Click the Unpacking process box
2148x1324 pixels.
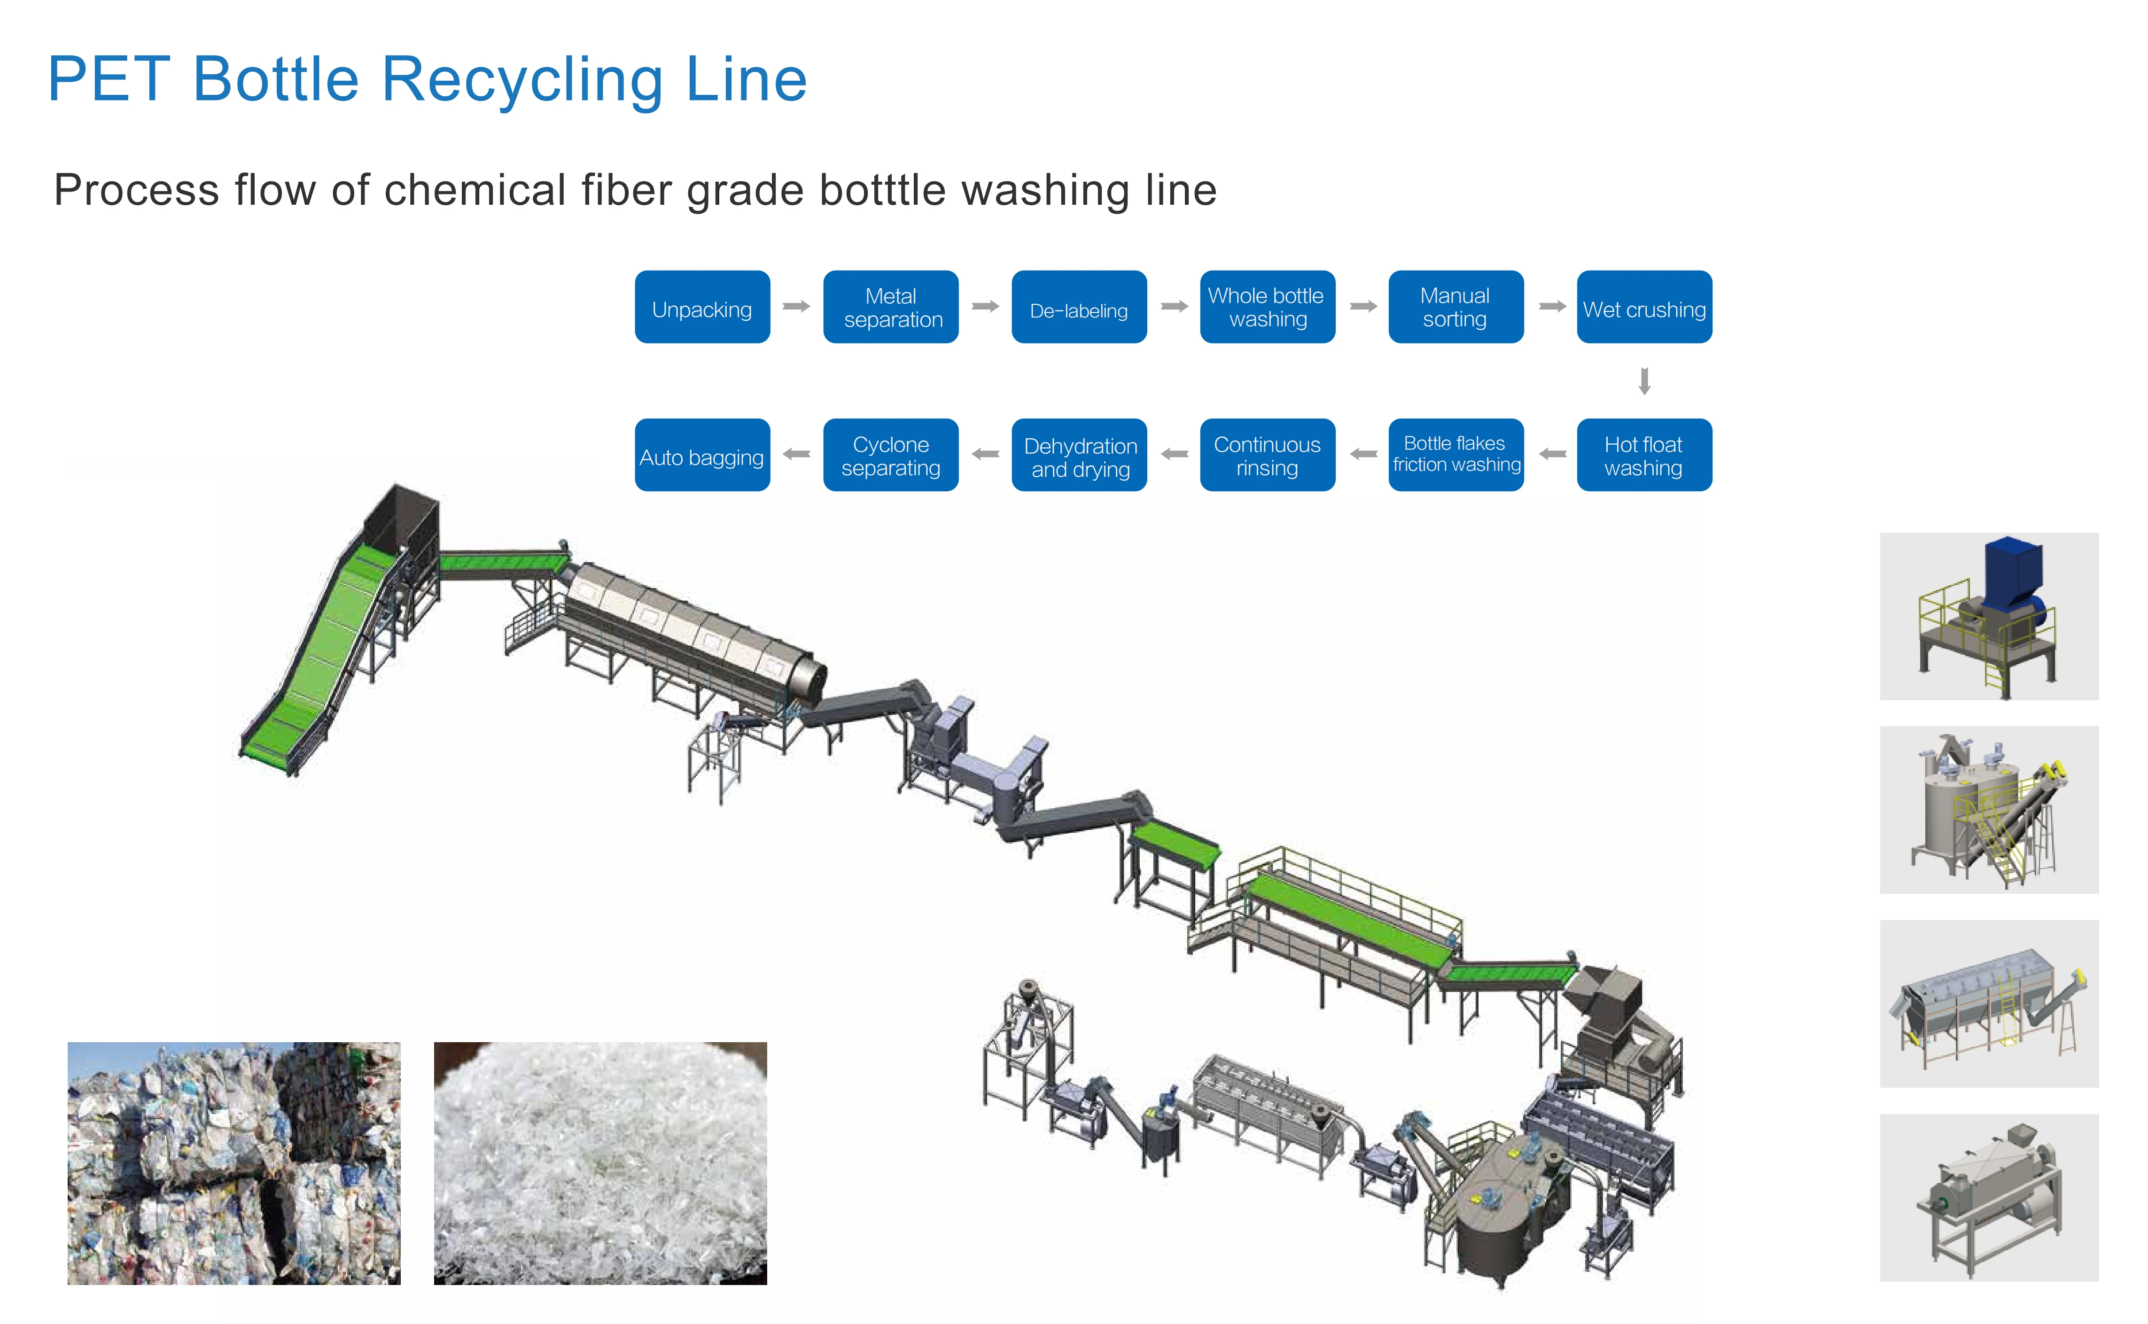[702, 307]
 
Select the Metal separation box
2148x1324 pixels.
[891, 307]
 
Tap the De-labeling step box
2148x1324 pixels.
[1079, 307]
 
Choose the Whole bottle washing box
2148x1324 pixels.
[1267, 307]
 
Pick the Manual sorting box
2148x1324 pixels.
[1455, 307]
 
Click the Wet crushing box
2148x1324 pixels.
[1644, 307]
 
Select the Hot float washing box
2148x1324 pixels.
[1644, 455]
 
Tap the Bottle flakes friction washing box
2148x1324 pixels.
[1455, 455]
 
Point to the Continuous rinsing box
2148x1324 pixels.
[1267, 455]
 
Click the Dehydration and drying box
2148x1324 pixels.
[1079, 455]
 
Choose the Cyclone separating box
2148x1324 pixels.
[891, 455]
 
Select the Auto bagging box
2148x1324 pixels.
[702, 455]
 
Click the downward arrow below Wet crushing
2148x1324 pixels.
[1644, 381]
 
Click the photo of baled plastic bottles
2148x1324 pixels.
[234, 1163]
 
